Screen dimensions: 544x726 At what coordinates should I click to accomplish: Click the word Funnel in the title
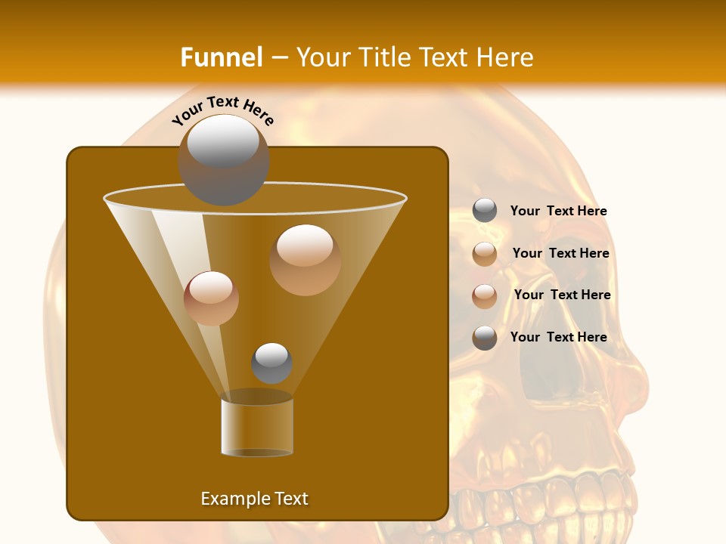[221, 57]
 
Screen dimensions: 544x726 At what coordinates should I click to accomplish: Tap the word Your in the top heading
[322, 57]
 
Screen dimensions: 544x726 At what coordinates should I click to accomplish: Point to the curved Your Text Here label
[223, 110]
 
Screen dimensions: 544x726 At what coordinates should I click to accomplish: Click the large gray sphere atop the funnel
[223, 159]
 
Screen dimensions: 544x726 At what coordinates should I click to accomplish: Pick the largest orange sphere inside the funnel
[305, 259]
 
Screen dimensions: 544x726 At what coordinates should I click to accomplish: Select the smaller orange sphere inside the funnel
[211, 298]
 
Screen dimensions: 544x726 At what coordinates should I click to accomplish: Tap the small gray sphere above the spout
[271, 363]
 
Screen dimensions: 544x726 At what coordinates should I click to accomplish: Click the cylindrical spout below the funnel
[257, 427]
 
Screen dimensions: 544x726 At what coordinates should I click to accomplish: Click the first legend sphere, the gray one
[485, 211]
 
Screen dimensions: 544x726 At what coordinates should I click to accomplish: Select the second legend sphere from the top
[485, 254]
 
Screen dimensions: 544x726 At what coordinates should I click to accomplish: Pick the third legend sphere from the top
[485, 296]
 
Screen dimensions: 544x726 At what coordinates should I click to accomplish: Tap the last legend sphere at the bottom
[485, 338]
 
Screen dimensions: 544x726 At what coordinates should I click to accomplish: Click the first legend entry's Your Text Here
[558, 212]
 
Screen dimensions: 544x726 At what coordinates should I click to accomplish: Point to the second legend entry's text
[560, 254]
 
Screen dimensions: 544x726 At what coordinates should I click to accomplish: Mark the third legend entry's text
[562, 295]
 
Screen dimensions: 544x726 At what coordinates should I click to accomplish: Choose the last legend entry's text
[558, 337]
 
